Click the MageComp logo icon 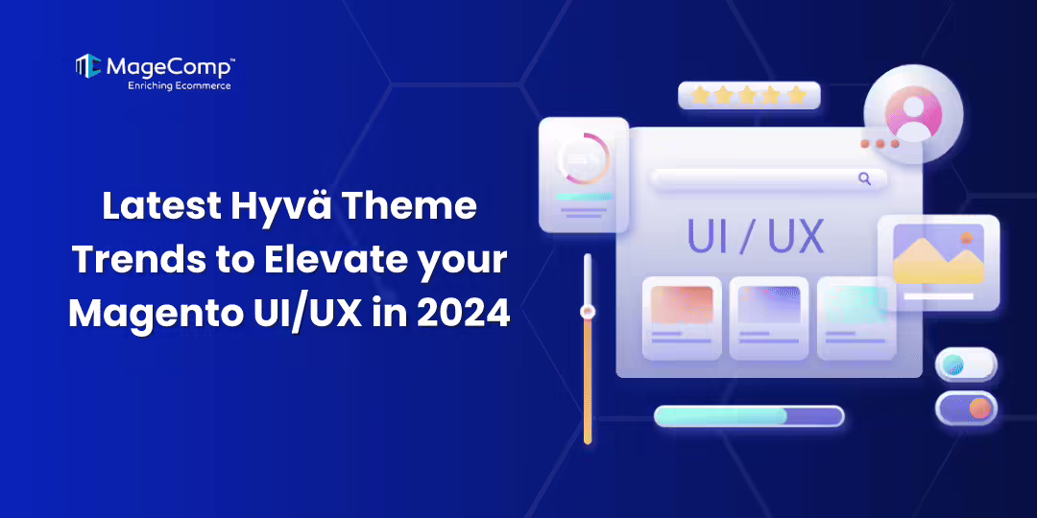[x=88, y=66]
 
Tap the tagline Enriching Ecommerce [x=180, y=85]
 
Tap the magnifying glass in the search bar [x=864, y=178]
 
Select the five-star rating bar [x=749, y=95]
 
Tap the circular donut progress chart [x=583, y=157]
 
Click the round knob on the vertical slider [x=588, y=311]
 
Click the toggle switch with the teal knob [x=965, y=365]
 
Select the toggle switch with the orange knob [x=966, y=408]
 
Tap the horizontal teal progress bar [x=748, y=416]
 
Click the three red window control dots [x=880, y=144]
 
